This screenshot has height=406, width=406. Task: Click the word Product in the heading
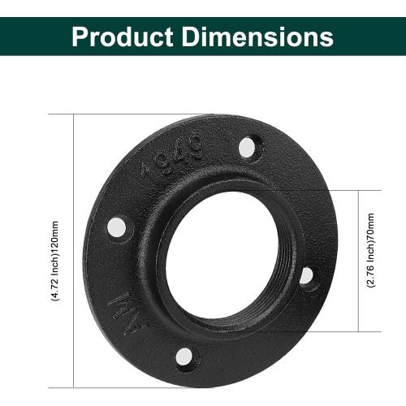tap(121, 36)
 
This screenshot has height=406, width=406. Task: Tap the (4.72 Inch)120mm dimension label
tap(56, 252)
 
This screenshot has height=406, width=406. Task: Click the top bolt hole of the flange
tap(249, 146)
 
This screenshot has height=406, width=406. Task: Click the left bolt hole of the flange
tap(117, 225)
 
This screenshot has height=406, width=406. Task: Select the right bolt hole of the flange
tap(307, 276)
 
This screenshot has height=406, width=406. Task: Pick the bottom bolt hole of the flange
tap(185, 356)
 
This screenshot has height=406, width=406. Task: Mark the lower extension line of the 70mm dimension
tap(333, 331)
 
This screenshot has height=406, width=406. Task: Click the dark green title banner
tap(365, 36)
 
